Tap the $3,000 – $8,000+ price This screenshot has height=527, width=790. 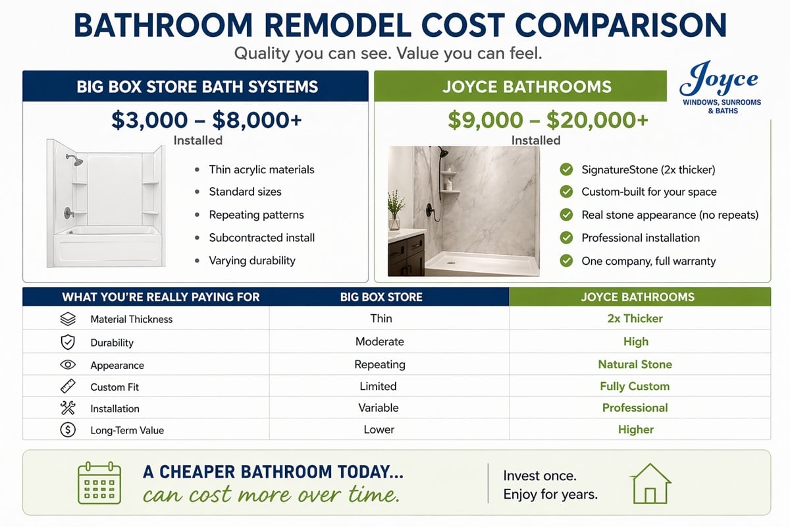(207, 120)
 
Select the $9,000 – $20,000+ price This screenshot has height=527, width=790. (548, 120)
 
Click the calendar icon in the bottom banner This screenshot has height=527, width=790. (99, 482)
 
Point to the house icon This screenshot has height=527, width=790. (650, 484)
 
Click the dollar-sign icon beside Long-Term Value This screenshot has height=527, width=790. (68, 430)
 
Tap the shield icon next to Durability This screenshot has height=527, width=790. (68, 342)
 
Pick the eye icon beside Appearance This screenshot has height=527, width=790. (68, 365)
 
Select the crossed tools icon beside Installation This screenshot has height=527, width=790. (68, 408)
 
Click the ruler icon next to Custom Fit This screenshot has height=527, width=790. (68, 386)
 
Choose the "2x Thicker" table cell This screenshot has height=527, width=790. (635, 318)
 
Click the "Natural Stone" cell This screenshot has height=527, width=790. (635, 364)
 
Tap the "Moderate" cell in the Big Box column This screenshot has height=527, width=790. (379, 342)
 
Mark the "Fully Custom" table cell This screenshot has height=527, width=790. (635, 386)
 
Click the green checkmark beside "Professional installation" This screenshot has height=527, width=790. (566, 238)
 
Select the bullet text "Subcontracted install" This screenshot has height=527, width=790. (262, 238)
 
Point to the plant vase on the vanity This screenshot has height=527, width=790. (394, 223)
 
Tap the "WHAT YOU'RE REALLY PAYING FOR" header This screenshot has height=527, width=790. (161, 297)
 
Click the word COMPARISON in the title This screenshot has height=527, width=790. (621, 26)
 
